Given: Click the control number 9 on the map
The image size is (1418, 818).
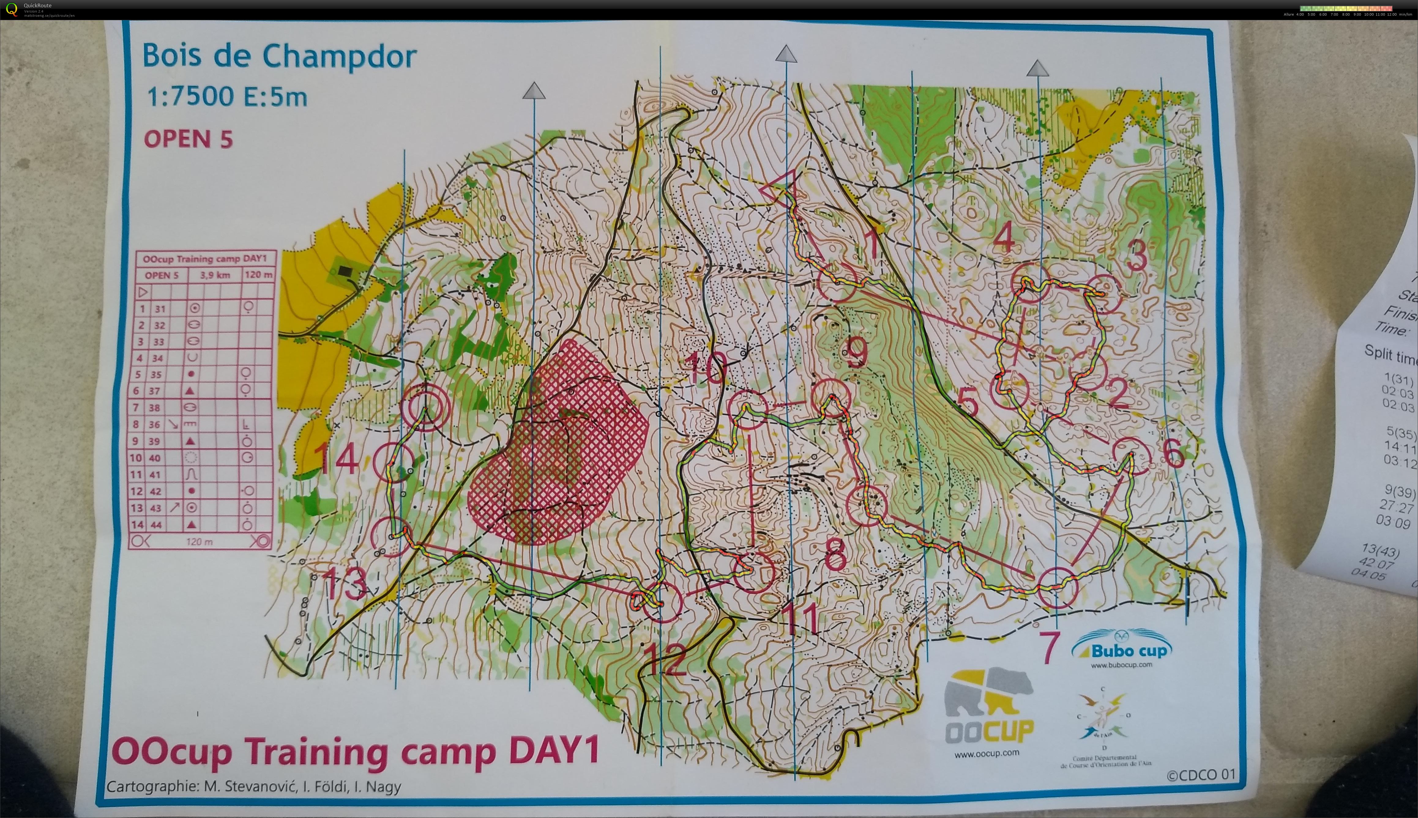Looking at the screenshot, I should [x=856, y=353].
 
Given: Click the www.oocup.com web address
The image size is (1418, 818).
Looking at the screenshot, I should [x=986, y=753].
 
